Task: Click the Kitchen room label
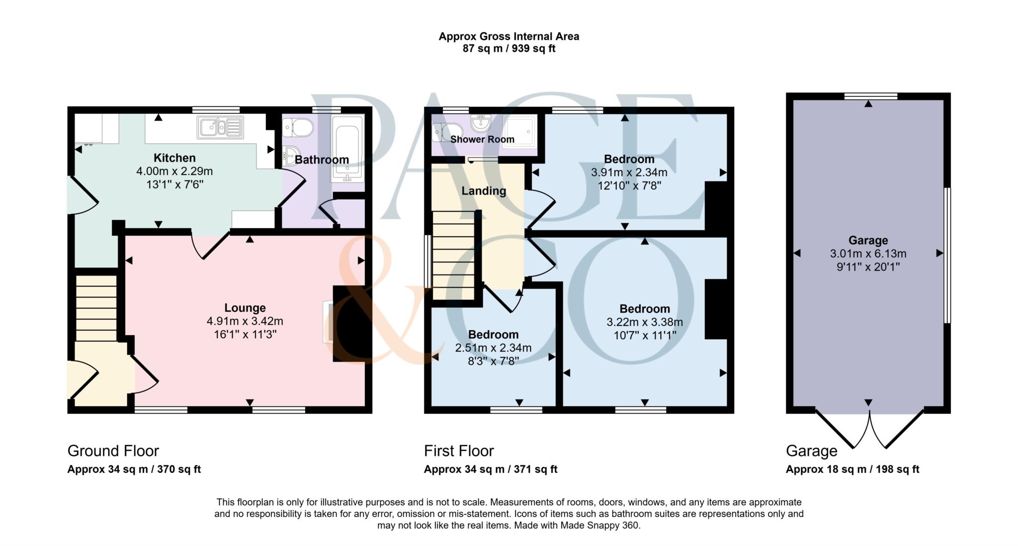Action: point(174,158)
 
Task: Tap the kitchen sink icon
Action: point(220,127)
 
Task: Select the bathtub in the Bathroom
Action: point(347,149)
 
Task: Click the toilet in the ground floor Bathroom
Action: point(297,129)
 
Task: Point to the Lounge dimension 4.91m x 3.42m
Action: point(245,321)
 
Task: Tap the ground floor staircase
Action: point(96,308)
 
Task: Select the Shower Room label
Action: point(482,140)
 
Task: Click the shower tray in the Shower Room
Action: point(520,130)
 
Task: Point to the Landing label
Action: point(484,191)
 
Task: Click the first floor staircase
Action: point(453,255)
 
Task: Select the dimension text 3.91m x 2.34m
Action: point(629,173)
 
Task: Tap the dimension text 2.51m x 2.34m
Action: point(493,348)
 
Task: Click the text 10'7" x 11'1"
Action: point(645,336)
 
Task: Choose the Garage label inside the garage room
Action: point(868,241)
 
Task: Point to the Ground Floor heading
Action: point(113,451)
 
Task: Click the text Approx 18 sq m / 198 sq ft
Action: point(852,469)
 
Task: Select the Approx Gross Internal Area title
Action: point(509,36)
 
